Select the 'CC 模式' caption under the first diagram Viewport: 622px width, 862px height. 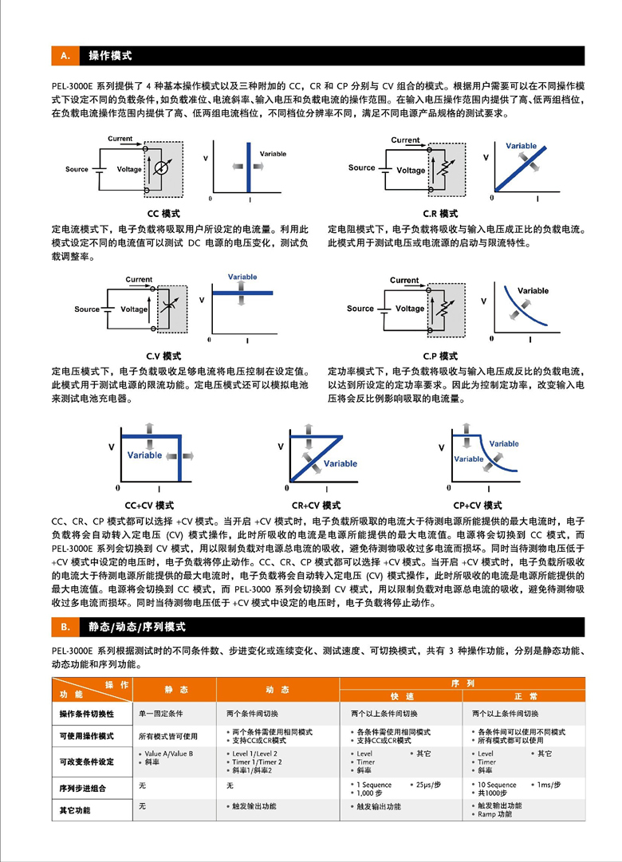coord(163,214)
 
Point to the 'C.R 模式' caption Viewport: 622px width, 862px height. coord(440,214)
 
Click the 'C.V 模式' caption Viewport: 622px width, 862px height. coord(163,356)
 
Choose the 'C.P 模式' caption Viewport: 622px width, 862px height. coord(440,356)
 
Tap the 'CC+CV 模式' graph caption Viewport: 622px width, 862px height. coord(150,506)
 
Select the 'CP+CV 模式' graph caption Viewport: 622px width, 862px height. coord(478,506)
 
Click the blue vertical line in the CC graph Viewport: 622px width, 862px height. coord(249,166)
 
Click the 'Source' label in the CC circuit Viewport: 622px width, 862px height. coord(77,169)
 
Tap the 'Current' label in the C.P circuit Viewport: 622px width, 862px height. coord(404,280)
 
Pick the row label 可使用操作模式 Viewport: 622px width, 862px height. coord(87,734)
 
